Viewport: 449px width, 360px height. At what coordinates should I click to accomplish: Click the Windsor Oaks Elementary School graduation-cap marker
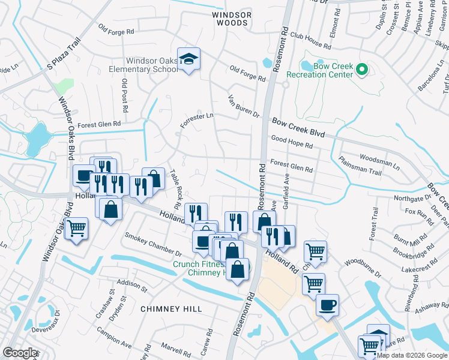tap(188, 59)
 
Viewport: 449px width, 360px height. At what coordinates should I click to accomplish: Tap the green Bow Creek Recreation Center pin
tap(361, 70)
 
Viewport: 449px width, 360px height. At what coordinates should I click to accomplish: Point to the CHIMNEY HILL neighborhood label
tap(171, 308)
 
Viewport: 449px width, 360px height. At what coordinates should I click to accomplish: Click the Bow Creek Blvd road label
tap(298, 128)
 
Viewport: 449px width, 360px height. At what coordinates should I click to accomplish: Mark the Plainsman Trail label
tap(360, 172)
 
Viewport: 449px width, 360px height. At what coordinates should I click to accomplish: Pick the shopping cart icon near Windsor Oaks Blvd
tap(76, 229)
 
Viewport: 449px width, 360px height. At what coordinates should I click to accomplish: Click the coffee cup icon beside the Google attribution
tap(327, 305)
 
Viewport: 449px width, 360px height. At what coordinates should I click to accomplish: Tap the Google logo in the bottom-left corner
tap(20, 353)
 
